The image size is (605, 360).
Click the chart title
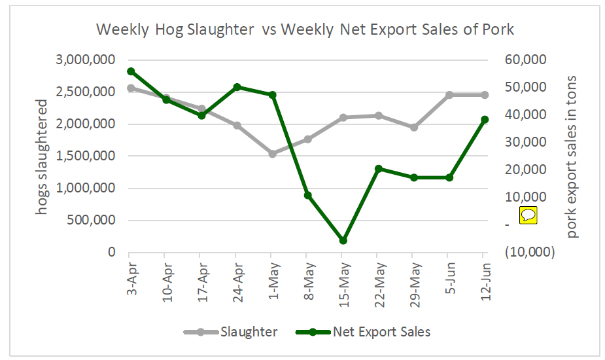point(305,30)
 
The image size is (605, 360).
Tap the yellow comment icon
point(528,215)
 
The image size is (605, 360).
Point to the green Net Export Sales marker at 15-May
point(343,240)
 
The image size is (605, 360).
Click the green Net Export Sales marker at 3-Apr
point(131,71)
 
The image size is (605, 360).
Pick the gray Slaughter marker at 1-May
point(273,154)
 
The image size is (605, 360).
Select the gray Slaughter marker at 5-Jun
point(449,95)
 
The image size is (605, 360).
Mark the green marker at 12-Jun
point(485,120)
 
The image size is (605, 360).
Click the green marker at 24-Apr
point(237,87)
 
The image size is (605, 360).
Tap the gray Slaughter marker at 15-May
point(343,118)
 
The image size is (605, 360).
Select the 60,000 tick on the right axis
point(526,60)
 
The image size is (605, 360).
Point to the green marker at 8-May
point(307,195)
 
